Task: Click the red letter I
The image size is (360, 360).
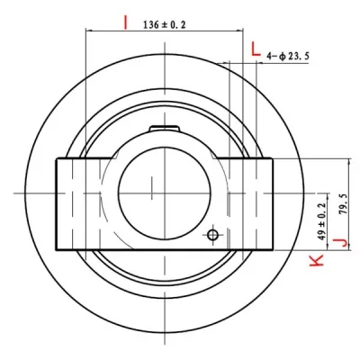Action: pos(125,19)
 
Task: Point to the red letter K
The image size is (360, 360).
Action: pos(316,260)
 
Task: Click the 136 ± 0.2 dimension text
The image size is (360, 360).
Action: pos(164,25)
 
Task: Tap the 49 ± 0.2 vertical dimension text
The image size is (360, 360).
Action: pos(321,219)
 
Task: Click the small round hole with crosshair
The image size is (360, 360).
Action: pos(212,235)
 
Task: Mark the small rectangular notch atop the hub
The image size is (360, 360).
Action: pos(165,129)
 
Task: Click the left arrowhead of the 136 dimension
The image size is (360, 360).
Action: pos(88,32)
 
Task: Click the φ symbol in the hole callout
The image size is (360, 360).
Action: pos(282,57)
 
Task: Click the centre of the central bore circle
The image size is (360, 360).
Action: pos(155,191)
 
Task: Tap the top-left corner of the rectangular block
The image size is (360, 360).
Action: pos(56,158)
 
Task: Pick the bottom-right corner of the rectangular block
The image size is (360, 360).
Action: pos(271,248)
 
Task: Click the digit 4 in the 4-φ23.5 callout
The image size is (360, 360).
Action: pos(270,57)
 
